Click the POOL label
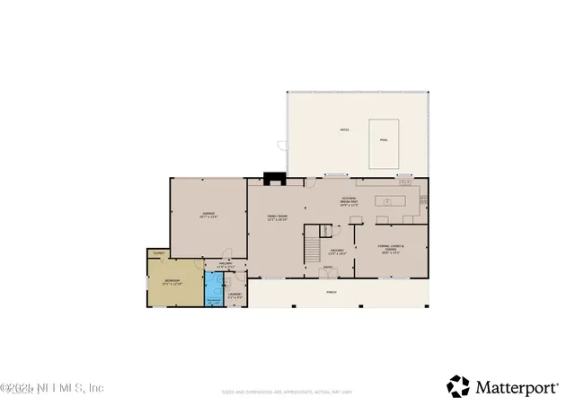click(384, 139)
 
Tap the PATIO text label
click(344, 130)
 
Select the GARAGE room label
click(208, 215)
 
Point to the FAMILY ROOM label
click(276, 217)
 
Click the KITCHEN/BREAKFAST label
click(350, 201)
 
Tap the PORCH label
click(332, 292)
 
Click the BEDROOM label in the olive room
click(172, 282)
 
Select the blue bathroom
click(214, 288)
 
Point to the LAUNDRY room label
click(234, 295)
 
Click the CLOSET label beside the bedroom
click(158, 254)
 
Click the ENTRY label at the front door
click(328, 267)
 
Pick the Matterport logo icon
click(458, 386)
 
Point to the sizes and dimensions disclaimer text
click(287, 392)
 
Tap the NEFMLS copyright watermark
click(52, 388)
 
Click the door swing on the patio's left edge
click(282, 145)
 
